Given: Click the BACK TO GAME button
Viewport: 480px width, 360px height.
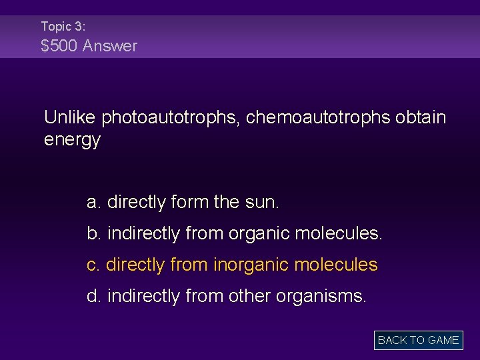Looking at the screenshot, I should [418, 340].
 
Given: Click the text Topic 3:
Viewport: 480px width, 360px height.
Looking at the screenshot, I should [63, 27].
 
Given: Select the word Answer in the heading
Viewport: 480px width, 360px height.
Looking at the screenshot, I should [112, 46].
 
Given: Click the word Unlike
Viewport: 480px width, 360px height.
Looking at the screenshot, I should [71, 117].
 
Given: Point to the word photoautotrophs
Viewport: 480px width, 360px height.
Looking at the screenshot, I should [172, 118].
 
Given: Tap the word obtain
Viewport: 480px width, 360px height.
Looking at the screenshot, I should [421, 117].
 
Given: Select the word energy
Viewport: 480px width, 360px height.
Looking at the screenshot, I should [72, 140].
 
